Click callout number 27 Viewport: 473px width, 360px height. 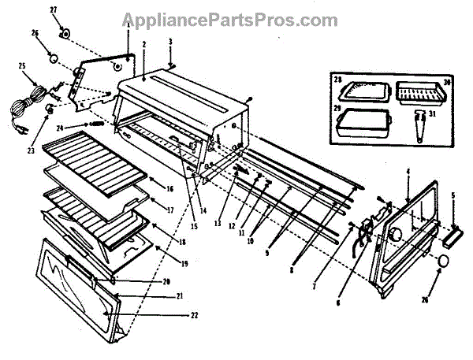tap(54, 9)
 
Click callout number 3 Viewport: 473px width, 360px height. tap(172, 39)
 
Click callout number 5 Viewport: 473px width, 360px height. tap(454, 195)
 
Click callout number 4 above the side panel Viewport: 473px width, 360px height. tap(408, 171)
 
